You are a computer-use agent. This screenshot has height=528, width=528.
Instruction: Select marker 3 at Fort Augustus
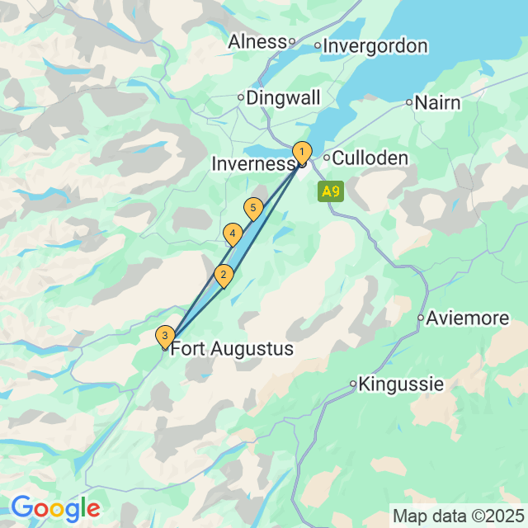tap(165, 336)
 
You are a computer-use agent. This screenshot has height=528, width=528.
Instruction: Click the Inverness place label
tap(253, 164)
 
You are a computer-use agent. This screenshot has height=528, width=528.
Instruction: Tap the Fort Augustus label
tap(232, 349)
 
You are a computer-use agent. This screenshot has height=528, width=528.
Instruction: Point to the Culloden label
tap(370, 158)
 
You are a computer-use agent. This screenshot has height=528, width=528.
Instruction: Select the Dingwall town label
tap(283, 97)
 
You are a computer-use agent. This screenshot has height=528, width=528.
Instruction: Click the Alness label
tap(257, 41)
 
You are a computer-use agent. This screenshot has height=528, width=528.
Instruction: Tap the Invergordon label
tap(375, 46)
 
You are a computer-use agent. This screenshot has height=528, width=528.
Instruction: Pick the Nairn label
tap(438, 103)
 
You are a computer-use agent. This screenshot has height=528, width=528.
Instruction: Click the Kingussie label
tap(402, 384)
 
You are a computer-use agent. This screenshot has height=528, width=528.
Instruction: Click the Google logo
tap(55, 507)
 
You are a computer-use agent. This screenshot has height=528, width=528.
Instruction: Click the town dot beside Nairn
tap(408, 103)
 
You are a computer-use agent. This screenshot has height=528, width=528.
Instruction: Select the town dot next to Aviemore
tap(420, 318)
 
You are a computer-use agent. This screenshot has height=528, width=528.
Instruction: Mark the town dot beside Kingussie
tap(353, 384)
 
